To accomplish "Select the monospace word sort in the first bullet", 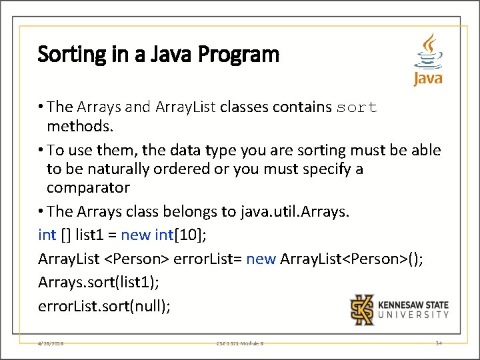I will (x=357, y=107).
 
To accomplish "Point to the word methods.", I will (x=75, y=127).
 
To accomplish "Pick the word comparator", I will (x=88, y=187).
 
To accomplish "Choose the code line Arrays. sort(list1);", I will (x=99, y=282).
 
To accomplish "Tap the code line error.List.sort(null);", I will (x=105, y=306).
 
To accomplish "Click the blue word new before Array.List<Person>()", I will (x=261, y=259).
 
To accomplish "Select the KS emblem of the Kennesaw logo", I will (x=363, y=309).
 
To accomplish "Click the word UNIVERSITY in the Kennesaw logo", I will (x=413, y=315).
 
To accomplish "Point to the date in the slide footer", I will (x=51, y=343).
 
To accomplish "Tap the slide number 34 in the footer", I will (x=438, y=343).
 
